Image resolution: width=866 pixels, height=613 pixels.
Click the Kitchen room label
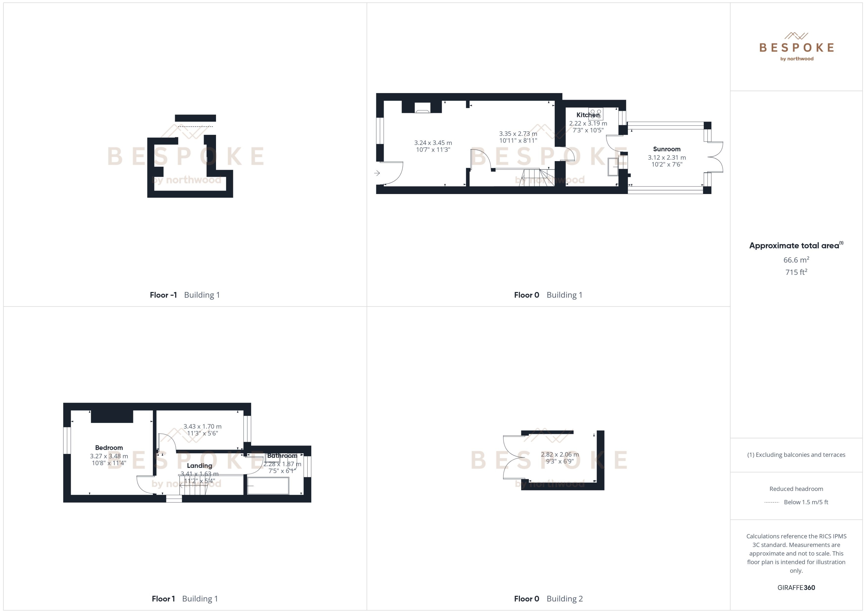pos(588,115)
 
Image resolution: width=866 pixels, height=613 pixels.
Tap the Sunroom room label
pos(666,149)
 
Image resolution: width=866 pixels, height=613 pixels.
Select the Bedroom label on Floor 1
pos(109,448)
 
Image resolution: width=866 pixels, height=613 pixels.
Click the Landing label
pos(199,466)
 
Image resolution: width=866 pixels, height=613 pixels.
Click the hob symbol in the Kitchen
pos(596,114)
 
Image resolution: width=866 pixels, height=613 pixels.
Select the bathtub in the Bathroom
pos(268,486)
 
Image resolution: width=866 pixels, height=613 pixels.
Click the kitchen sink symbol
pos(613,167)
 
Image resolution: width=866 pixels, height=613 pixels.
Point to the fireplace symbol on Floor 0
pos(422,108)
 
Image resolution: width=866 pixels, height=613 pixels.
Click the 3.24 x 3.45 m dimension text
pos(433,143)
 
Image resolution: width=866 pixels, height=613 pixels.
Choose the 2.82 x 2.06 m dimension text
pos(560,454)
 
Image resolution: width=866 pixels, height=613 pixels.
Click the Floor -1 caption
pos(163,295)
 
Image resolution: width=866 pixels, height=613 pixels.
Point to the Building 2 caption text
pos(564,599)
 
